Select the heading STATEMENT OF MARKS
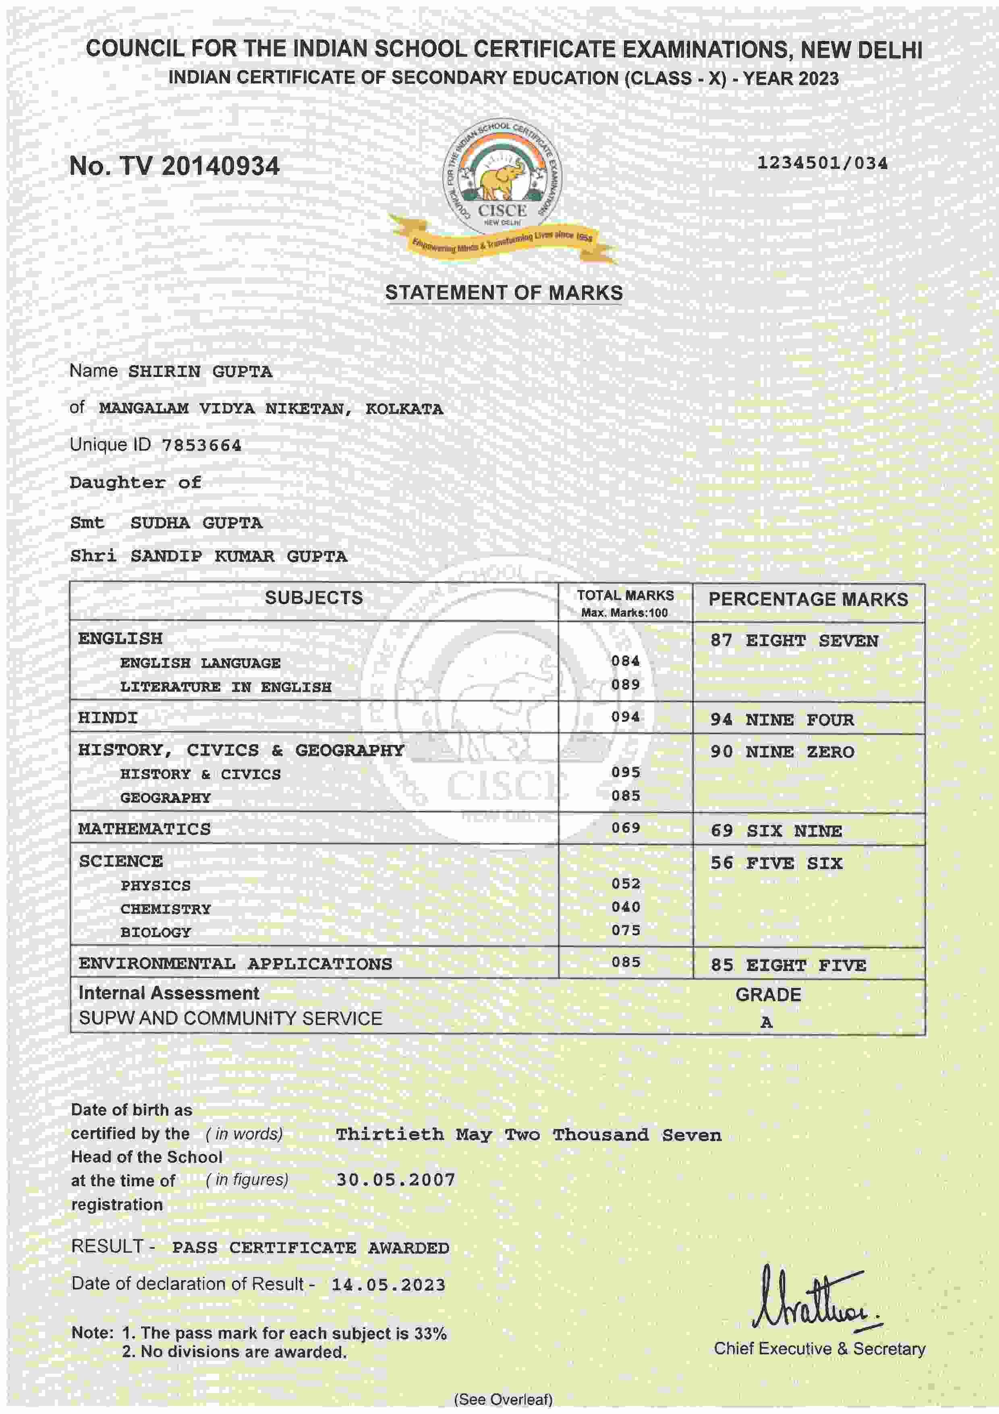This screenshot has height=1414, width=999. click(x=504, y=293)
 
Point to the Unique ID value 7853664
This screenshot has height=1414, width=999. click(x=201, y=445)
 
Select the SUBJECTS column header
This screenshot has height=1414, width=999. click(x=314, y=598)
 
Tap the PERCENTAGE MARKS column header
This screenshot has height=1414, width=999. click(x=808, y=599)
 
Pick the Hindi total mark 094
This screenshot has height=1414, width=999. click(x=625, y=717)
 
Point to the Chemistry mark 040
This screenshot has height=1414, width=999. click(x=625, y=907)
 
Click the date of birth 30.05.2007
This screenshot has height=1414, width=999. click(x=395, y=1180)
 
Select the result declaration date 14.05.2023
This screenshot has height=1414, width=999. click(x=388, y=1285)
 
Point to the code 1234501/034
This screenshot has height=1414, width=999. click(x=822, y=163)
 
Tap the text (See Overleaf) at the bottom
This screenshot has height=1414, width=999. click(x=503, y=1399)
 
